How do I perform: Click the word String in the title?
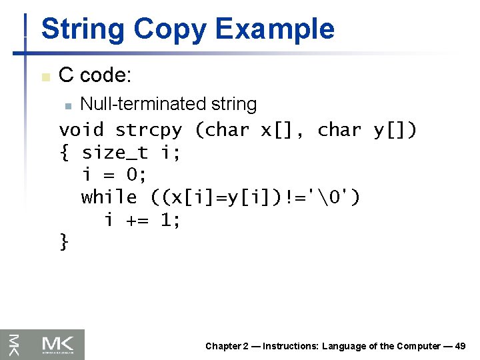[x=83, y=29]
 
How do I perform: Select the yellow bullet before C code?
[x=45, y=77]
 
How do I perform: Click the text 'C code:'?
[x=95, y=75]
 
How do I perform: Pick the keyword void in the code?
[x=81, y=129]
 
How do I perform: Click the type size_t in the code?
[x=115, y=153]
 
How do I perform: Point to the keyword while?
[x=109, y=197]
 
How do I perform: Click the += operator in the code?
[x=137, y=220]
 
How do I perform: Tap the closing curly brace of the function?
[x=64, y=241]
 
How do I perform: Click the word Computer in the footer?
[x=419, y=346]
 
